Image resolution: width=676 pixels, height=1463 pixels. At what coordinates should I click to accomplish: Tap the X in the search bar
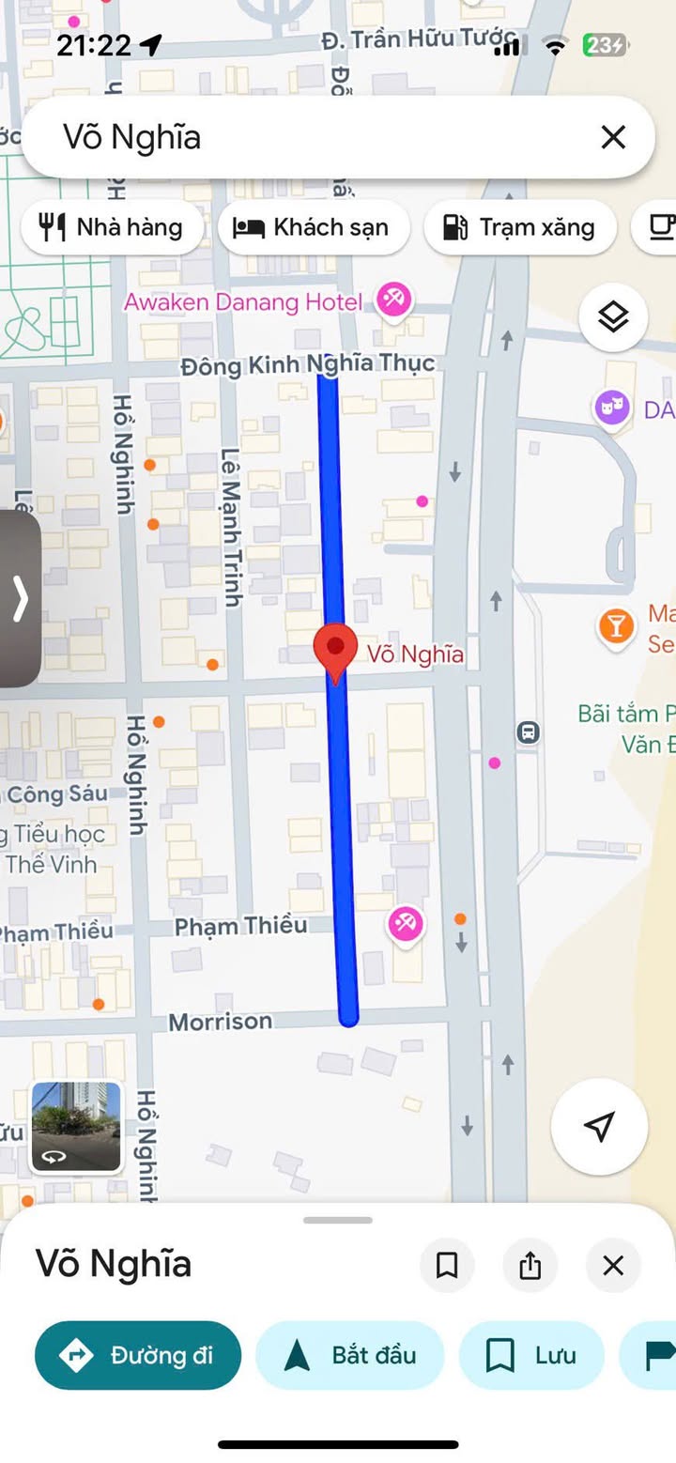(x=613, y=138)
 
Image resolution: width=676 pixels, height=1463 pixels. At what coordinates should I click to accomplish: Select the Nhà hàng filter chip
(x=112, y=227)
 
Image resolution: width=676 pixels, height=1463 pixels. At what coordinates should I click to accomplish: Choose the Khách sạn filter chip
(x=314, y=227)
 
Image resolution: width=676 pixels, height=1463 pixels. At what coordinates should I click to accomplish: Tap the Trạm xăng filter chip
(x=519, y=227)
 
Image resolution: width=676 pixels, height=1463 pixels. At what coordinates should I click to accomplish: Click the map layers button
(x=613, y=317)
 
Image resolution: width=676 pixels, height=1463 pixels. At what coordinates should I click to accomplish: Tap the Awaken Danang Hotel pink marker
(x=392, y=300)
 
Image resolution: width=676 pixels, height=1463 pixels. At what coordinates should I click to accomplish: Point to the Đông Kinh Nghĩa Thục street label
(x=308, y=364)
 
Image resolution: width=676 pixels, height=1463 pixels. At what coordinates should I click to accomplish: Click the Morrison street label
(x=221, y=1021)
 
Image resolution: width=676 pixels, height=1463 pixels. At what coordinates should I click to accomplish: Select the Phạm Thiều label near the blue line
(x=241, y=926)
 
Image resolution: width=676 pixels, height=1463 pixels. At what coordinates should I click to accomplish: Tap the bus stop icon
(x=529, y=731)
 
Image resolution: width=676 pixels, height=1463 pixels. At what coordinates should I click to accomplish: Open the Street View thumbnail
(x=76, y=1127)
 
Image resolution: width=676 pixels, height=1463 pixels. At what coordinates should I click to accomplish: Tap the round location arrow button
(x=599, y=1126)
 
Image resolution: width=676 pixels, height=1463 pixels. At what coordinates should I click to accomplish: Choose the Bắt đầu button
(x=349, y=1355)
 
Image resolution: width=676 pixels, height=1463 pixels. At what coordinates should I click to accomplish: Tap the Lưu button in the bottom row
(x=530, y=1355)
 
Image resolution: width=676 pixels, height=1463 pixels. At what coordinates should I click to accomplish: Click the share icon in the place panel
(x=530, y=1265)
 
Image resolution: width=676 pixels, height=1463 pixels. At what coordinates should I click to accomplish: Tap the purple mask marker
(x=611, y=408)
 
